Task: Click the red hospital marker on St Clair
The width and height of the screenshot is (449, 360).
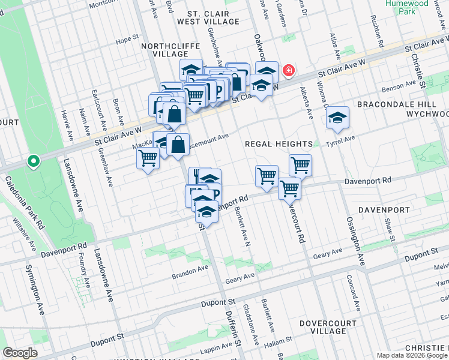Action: [289, 71]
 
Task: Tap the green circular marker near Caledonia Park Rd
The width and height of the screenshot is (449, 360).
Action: [34, 161]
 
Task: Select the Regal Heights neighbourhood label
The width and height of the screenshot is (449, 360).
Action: [279, 144]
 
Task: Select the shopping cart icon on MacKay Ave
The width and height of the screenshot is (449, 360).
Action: [148, 158]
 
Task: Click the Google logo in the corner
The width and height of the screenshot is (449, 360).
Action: [20, 353]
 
